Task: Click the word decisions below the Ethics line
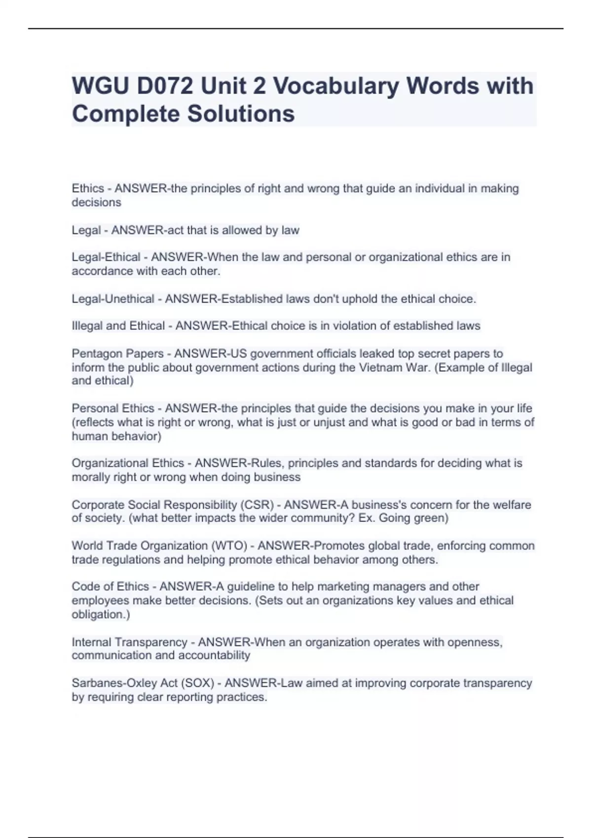click(96, 203)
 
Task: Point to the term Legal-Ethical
click(106, 257)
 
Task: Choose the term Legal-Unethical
click(113, 299)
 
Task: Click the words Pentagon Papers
click(117, 354)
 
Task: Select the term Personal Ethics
click(113, 409)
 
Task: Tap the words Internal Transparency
click(129, 643)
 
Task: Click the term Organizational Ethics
click(128, 463)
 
